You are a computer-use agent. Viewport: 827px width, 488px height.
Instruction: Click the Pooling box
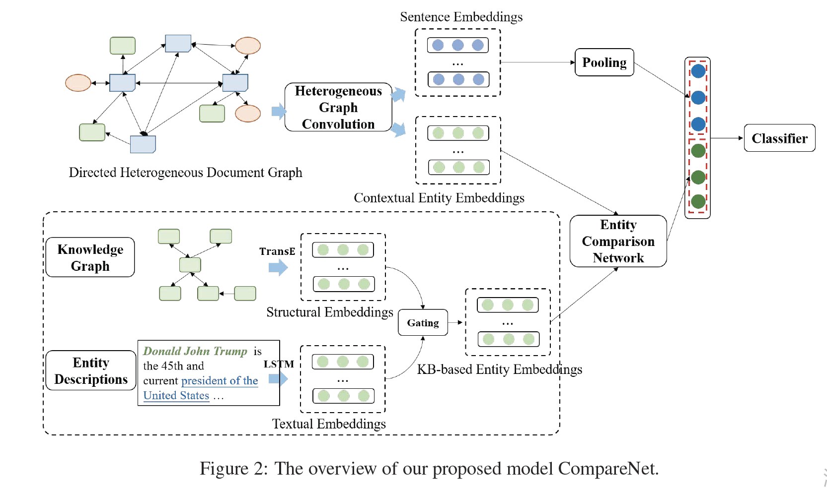pyautogui.click(x=604, y=62)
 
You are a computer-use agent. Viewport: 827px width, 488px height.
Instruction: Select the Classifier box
pyautogui.click(x=779, y=138)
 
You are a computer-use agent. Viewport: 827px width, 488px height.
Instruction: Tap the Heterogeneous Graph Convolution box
pyautogui.click(x=338, y=108)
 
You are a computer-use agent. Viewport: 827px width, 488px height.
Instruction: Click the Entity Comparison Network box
pyautogui.click(x=618, y=242)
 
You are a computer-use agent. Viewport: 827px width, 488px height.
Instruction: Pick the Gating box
pyautogui.click(x=423, y=323)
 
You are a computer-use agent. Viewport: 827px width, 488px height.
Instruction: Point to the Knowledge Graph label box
pyautogui.click(x=90, y=257)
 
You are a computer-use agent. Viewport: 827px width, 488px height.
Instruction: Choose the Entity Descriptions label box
pyautogui.click(x=91, y=370)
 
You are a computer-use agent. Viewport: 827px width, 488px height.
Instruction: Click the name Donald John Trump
pyautogui.click(x=195, y=351)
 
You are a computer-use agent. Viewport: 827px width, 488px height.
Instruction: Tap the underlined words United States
pyautogui.click(x=176, y=396)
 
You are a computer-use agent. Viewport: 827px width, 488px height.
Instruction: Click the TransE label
pyautogui.click(x=277, y=251)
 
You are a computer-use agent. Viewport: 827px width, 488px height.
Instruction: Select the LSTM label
pyautogui.click(x=278, y=364)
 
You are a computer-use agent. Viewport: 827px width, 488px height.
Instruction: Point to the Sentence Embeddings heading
pyautogui.click(x=461, y=17)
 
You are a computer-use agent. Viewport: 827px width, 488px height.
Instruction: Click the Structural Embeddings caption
pyautogui.click(x=329, y=312)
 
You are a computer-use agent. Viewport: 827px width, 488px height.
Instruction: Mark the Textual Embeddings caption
pyautogui.click(x=328, y=424)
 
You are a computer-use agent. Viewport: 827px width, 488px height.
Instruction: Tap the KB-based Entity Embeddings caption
pyautogui.click(x=499, y=369)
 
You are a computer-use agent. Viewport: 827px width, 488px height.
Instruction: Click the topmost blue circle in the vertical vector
pyautogui.click(x=698, y=71)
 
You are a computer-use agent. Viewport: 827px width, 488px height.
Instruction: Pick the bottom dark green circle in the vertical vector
pyautogui.click(x=698, y=201)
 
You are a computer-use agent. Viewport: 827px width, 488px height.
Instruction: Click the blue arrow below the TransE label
pyautogui.click(x=278, y=268)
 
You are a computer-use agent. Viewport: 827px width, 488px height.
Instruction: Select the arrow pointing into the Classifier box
pyautogui.click(x=728, y=138)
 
